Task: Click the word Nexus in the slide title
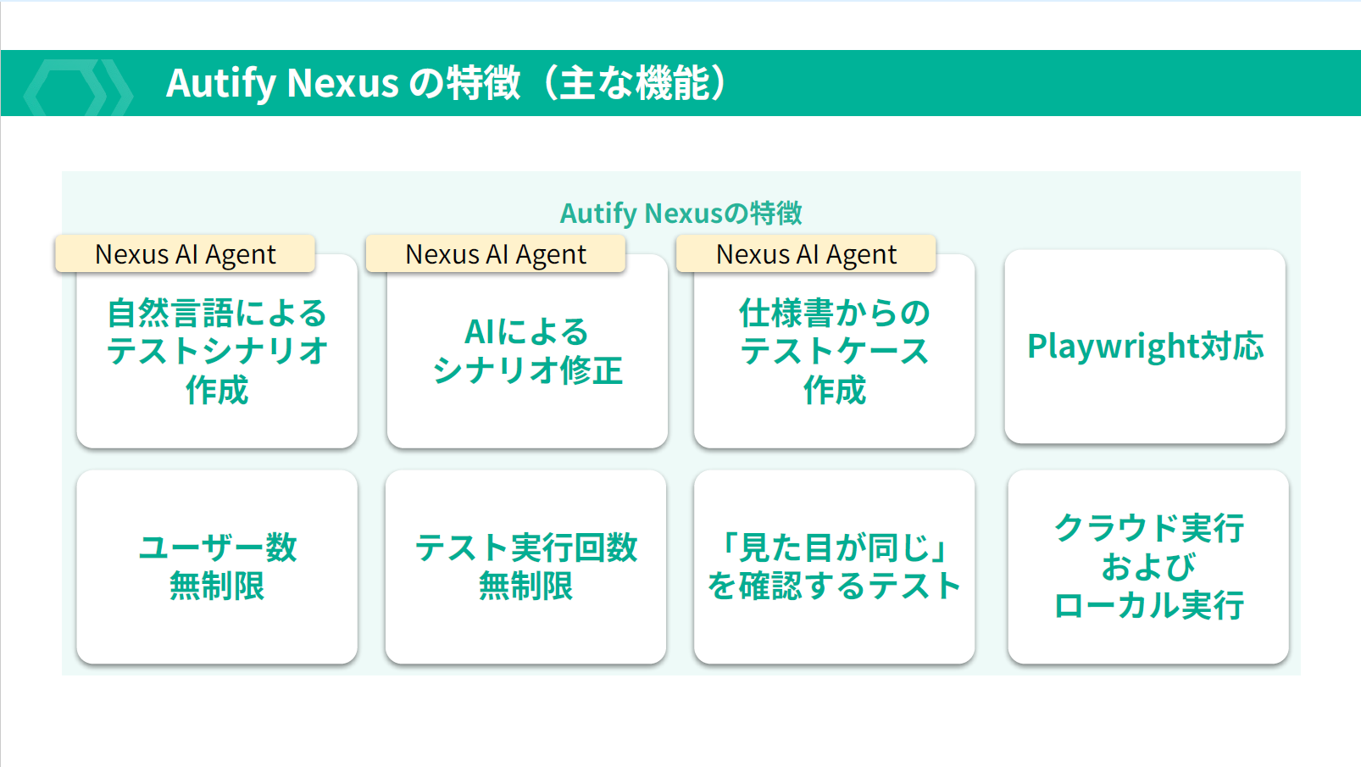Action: pyautogui.click(x=342, y=83)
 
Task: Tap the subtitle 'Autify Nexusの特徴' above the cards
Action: pyautogui.click(x=680, y=213)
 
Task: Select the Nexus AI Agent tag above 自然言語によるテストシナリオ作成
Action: pyautogui.click(x=185, y=254)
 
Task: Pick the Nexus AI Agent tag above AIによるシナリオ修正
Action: pyautogui.click(x=496, y=254)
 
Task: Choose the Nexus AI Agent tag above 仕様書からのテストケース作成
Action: pyautogui.click(x=806, y=254)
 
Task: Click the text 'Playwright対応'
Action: pyautogui.click(x=1145, y=346)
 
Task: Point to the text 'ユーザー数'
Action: pyautogui.click(x=217, y=547)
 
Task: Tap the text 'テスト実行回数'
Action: pyautogui.click(x=525, y=547)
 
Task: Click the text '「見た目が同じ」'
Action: pyautogui.click(x=834, y=547)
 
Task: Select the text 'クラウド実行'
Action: pyautogui.click(x=1148, y=527)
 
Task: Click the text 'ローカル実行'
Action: pyautogui.click(x=1148, y=605)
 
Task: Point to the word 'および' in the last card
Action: pyautogui.click(x=1148, y=566)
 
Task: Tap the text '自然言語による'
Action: pyautogui.click(x=217, y=313)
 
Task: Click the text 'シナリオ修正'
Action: pyautogui.click(x=527, y=370)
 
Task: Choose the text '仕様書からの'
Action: pyautogui.click(x=834, y=313)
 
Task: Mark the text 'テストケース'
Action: pyautogui.click(x=834, y=351)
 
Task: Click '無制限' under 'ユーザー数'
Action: pyautogui.click(x=217, y=586)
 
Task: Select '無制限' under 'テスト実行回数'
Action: pyautogui.click(x=525, y=586)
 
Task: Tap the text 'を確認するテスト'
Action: pyautogui.click(x=834, y=586)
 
